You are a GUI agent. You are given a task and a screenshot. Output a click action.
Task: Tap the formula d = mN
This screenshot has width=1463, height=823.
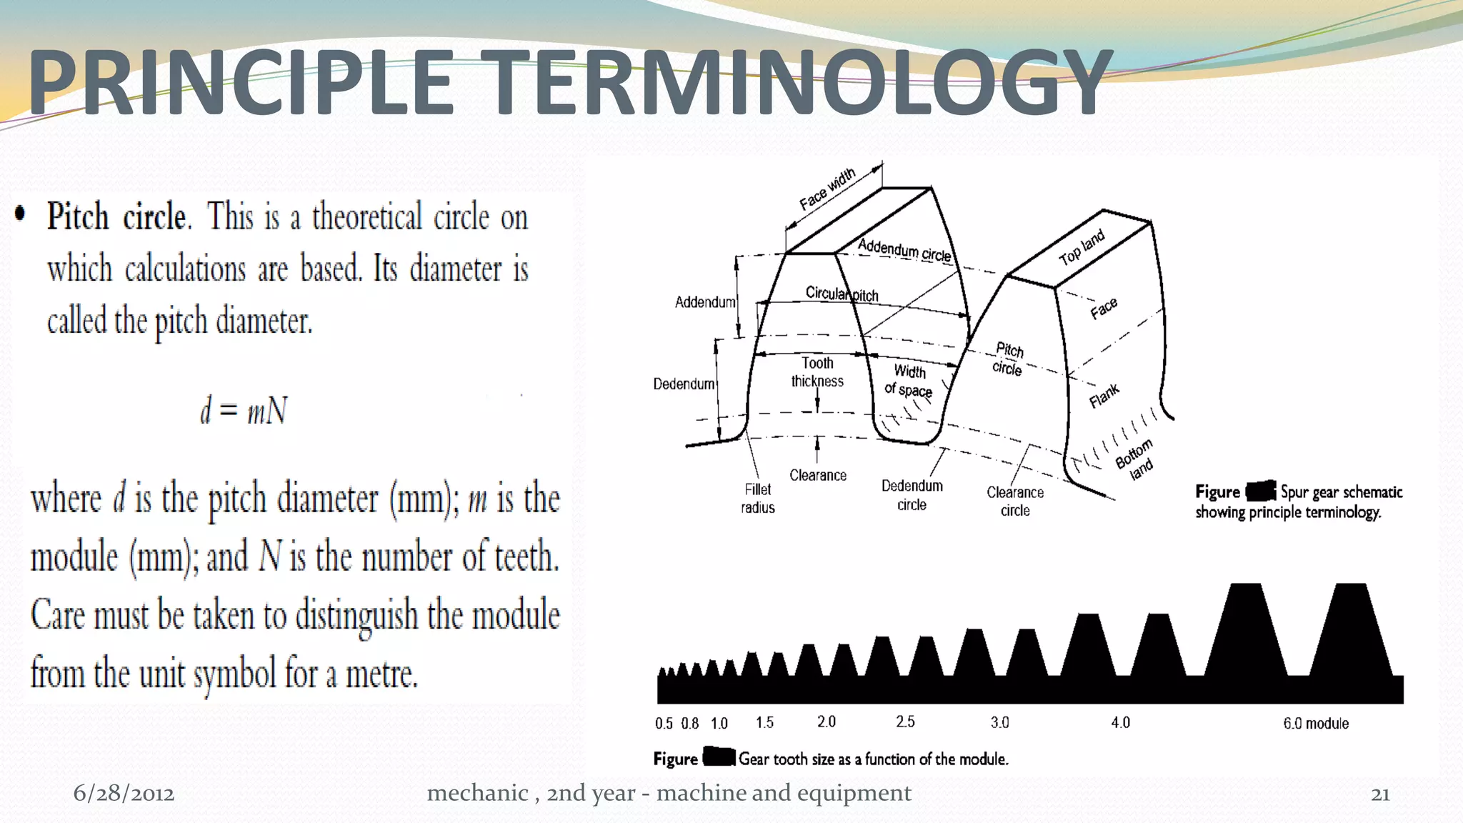244,411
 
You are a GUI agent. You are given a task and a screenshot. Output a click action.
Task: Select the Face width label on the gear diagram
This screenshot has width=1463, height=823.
827,189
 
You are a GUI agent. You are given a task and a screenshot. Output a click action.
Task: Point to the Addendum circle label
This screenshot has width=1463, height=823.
904,250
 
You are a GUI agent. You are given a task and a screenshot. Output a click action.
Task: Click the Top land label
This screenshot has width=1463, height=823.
1082,247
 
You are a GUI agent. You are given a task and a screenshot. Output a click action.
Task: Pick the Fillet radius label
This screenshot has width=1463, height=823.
758,498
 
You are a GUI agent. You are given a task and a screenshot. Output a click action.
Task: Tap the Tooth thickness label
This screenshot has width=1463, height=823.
817,372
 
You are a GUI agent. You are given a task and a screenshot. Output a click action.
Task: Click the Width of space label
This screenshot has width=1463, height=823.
909,380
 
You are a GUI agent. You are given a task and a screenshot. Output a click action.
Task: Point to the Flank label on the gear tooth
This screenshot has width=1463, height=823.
1104,396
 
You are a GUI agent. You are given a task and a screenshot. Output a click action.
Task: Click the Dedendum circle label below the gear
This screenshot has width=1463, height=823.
912,495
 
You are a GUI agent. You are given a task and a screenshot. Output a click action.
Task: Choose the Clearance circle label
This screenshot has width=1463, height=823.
1015,501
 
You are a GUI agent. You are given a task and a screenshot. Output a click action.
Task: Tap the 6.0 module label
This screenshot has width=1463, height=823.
1316,723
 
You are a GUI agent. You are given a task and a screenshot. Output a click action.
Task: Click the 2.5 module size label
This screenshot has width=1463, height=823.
905,722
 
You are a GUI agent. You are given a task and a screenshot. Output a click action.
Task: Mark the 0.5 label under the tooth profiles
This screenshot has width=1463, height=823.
664,724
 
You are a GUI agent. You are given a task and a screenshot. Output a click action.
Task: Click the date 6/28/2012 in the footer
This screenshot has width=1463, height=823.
124,793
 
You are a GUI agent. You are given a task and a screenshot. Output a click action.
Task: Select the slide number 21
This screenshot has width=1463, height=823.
1380,794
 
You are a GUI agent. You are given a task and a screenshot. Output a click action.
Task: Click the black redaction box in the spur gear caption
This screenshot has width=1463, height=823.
1261,491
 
